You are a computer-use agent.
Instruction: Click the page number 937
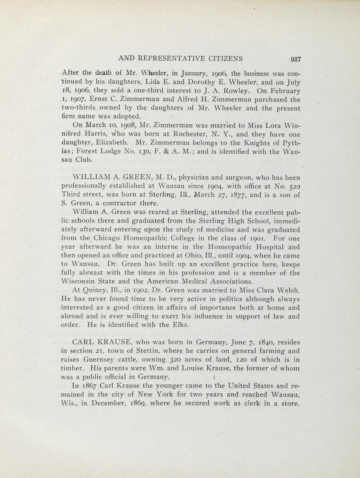pyautogui.click(x=297, y=59)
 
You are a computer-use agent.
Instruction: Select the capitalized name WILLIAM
pyautogui.click(x=91, y=178)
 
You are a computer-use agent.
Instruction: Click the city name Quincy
pyautogui.click(x=94, y=290)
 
